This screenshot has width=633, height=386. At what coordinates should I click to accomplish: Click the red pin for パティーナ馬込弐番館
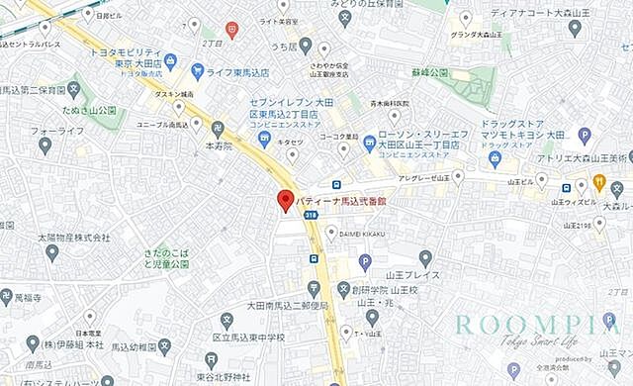[x=284, y=201]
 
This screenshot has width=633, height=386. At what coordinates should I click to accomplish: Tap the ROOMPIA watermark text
[x=538, y=325]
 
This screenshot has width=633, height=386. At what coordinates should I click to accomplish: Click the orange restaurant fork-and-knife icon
[x=598, y=181]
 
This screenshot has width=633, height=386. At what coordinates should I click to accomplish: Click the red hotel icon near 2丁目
[x=231, y=31]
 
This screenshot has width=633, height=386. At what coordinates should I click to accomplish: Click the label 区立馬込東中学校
[x=248, y=338]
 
